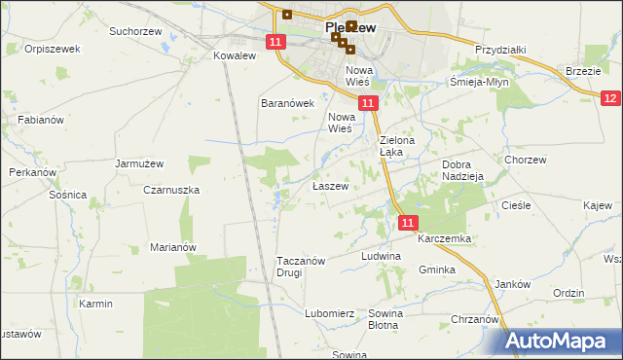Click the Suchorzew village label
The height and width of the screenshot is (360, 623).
tap(134, 31)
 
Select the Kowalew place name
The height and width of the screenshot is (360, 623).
tap(234, 56)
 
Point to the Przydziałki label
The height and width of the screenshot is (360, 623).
tap(500, 49)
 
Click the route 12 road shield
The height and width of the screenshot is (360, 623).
tap(610, 98)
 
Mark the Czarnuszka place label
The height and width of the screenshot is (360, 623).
tap(171, 191)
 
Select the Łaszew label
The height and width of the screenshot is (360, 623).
tap(329, 186)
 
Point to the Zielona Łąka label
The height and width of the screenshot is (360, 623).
tap(396, 147)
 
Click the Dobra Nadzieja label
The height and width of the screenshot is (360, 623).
tap(462, 171)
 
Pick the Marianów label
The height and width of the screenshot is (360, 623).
tap(173, 247)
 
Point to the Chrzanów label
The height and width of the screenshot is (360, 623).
tap(475, 319)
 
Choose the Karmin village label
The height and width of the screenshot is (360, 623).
tap(96, 304)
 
